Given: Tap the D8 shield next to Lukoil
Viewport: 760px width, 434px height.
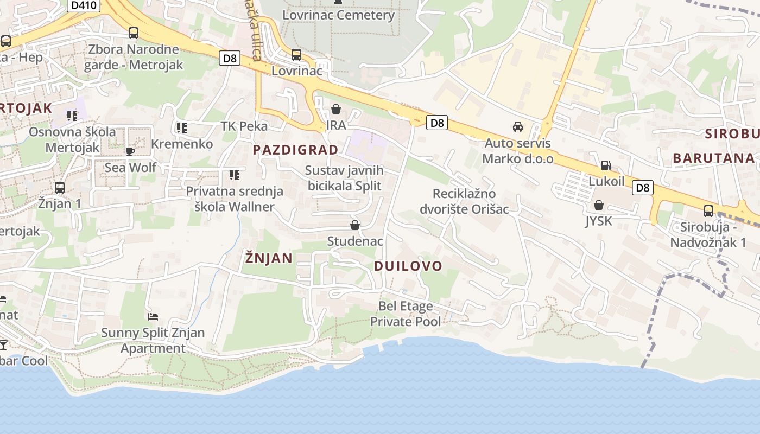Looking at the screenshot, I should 642,188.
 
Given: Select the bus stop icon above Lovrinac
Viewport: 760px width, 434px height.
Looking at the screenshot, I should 296,54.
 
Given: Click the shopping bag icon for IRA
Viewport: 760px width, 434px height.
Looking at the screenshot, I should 336,110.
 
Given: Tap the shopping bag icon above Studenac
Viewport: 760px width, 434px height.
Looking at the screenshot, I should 355,225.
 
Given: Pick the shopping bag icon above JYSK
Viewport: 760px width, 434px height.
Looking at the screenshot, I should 599,205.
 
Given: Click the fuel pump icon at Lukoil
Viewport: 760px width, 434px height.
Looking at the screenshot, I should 606,165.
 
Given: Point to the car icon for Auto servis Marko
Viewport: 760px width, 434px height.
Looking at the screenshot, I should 518,127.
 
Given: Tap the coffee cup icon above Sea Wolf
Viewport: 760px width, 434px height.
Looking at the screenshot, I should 130,151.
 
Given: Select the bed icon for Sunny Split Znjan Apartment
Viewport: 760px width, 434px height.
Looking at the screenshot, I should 153,316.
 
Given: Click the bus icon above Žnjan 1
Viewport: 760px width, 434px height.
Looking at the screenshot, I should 60,188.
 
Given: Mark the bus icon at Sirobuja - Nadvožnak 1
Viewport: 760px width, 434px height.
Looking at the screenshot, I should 708,211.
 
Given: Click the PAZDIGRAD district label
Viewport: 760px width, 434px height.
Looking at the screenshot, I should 296,150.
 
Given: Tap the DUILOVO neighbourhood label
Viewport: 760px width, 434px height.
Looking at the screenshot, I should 408,266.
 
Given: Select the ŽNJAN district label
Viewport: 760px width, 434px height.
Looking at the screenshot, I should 269,258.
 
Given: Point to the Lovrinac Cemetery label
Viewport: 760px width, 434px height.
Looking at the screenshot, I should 338,15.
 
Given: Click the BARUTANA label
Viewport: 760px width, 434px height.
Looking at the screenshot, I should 714,158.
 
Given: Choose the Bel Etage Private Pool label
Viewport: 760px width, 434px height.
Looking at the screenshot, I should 406,314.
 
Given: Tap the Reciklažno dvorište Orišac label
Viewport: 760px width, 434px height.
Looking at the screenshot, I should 464,201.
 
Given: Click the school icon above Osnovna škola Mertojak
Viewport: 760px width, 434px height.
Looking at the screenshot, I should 72,116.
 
